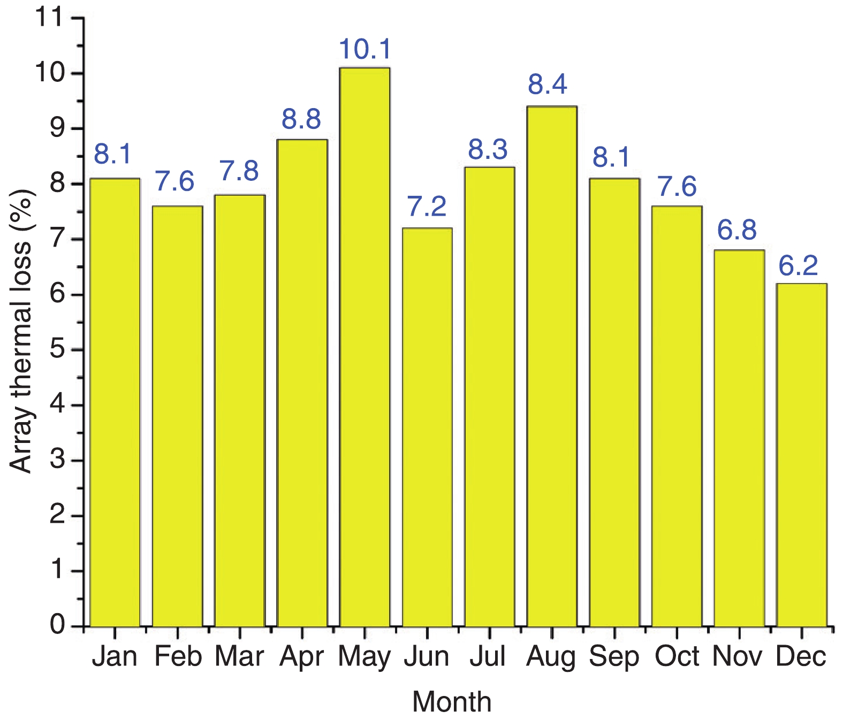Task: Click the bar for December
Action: [801, 455]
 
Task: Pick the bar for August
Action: [552, 366]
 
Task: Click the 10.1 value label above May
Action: [365, 49]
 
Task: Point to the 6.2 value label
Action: [798, 266]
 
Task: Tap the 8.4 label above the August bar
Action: [547, 85]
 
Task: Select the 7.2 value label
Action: [427, 207]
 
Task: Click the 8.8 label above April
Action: [301, 119]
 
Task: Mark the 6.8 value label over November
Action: [736, 230]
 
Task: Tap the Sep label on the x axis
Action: [614, 656]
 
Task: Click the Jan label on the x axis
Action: [115, 656]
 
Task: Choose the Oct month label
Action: [677, 656]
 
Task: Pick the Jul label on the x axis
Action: [488, 656]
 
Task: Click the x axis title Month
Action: [452, 701]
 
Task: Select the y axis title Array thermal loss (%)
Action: [21, 332]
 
